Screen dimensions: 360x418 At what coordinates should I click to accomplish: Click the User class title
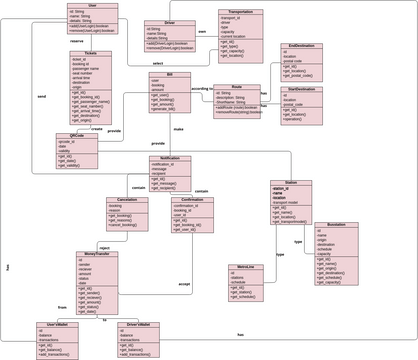(x=92, y=5)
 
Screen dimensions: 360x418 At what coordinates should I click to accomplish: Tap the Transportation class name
(x=235, y=12)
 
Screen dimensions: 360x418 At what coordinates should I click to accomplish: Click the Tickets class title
(x=91, y=53)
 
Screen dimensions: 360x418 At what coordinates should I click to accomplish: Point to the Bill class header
(x=170, y=74)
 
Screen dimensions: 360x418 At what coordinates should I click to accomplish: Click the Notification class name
(x=170, y=158)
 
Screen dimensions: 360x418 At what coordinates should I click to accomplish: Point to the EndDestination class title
(x=301, y=45)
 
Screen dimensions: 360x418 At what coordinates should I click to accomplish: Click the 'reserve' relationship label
(x=76, y=41)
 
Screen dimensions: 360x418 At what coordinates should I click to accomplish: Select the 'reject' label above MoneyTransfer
(x=103, y=245)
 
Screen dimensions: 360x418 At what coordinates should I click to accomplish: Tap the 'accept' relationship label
(x=184, y=284)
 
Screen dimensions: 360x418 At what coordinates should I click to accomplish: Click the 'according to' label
(x=202, y=88)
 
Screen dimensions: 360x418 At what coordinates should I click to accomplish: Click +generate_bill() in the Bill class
(x=166, y=108)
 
